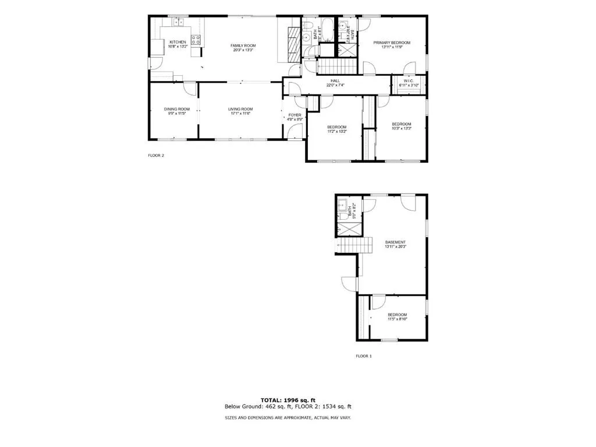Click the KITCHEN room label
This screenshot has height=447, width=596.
click(178, 42)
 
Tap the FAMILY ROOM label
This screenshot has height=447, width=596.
click(243, 45)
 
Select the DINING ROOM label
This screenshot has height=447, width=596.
click(176, 109)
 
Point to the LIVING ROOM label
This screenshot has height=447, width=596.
click(240, 109)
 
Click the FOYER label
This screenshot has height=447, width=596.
click(295, 115)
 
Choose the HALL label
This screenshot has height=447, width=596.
click(335, 80)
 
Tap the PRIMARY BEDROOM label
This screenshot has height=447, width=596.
click(392, 43)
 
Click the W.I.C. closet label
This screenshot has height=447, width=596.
click(409, 80)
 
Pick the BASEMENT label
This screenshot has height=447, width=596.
click(395, 242)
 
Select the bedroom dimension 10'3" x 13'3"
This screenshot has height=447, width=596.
click(401, 128)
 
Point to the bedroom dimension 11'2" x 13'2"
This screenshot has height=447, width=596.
click(336, 132)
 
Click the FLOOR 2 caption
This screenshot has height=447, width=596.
click(156, 156)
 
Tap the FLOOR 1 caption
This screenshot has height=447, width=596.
click(364, 356)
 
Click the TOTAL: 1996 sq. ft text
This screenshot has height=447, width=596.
click(288, 400)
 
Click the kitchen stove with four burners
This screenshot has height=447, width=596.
click(197, 40)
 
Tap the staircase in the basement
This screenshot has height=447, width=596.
click(356, 246)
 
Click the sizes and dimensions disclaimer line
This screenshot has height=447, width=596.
click(288, 417)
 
